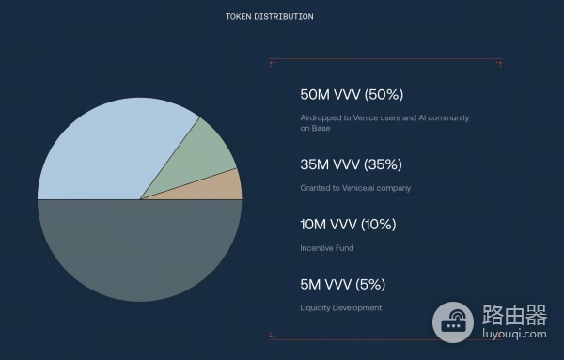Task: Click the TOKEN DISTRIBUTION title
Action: coord(270,17)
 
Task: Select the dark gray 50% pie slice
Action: coord(139,249)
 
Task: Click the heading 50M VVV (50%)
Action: coord(352,95)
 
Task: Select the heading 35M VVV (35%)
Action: coord(351,164)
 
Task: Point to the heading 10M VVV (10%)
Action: coord(348,225)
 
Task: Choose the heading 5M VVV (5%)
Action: coord(342,285)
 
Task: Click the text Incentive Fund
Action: coord(326,248)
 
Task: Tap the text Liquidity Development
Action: coord(341,308)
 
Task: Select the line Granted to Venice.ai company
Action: coord(355,188)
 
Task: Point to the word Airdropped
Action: coord(321,117)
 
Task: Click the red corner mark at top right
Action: coord(499,63)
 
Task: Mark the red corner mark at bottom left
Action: coord(272,335)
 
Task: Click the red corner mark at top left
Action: coord(272,63)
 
